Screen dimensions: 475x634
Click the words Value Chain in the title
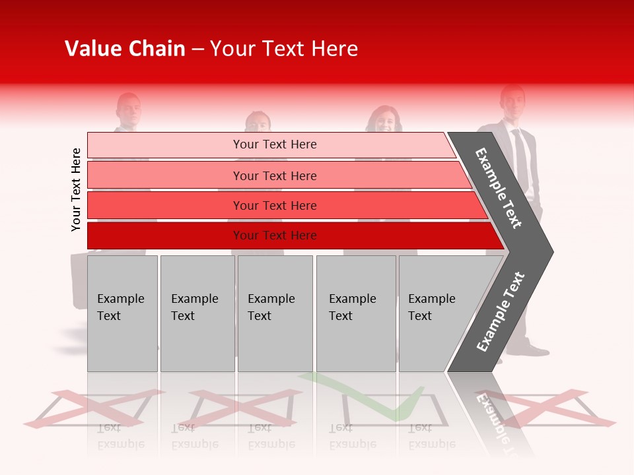click(125, 49)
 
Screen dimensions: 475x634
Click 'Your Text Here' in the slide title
click(284, 49)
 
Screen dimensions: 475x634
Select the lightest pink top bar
click(275, 144)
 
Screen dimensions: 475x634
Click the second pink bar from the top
click(275, 175)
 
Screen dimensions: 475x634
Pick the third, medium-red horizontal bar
click(275, 205)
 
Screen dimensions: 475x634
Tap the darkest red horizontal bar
click(275, 236)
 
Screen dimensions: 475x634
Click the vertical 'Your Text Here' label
click(76, 189)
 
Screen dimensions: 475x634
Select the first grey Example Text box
click(122, 313)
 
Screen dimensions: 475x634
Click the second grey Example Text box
click(197, 313)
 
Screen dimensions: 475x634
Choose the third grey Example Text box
click(275, 313)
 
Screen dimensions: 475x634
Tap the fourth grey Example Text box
click(356, 313)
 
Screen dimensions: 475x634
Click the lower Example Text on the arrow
click(501, 311)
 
